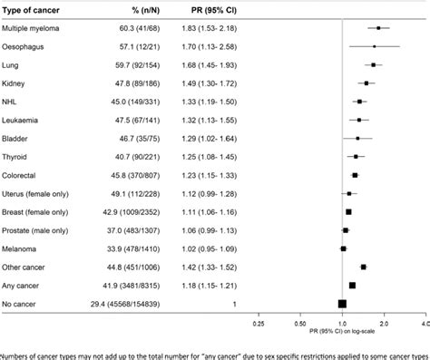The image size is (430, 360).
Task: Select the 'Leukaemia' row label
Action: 24,117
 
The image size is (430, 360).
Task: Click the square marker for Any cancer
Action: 353,285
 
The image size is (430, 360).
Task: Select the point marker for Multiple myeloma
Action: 379,29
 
